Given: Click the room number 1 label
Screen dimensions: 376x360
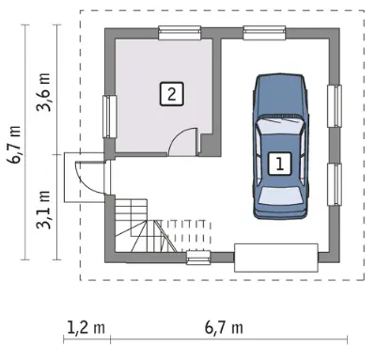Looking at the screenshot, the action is click(x=280, y=163).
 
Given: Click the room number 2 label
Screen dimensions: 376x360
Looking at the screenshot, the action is click(x=171, y=94).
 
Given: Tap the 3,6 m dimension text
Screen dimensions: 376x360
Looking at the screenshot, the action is click(x=43, y=92).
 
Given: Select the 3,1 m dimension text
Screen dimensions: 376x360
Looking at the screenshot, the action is click(x=43, y=210).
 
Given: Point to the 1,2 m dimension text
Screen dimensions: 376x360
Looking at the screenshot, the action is click(x=86, y=328).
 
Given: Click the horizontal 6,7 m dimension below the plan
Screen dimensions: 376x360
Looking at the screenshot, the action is click(x=224, y=328).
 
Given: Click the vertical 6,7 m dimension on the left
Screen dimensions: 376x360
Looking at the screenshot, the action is click(x=15, y=144).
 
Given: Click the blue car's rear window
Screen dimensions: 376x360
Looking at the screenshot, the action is click(x=281, y=196).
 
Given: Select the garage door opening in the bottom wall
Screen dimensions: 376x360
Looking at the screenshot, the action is click(x=276, y=258).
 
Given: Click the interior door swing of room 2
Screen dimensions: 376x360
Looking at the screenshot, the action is click(x=183, y=142).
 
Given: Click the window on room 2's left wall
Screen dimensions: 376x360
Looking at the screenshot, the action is click(x=110, y=117).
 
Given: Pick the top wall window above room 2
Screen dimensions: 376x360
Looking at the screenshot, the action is click(x=180, y=33).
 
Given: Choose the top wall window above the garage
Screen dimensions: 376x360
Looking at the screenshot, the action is click(x=264, y=33).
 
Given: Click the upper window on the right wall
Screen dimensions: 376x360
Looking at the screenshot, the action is click(x=335, y=106).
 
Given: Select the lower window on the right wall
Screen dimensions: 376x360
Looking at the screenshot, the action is click(x=335, y=184).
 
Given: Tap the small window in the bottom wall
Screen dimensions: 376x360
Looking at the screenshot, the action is click(x=198, y=258).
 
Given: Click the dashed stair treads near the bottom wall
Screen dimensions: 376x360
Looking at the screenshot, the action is click(x=187, y=236).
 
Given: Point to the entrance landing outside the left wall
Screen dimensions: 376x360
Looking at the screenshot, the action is click(x=84, y=178).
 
